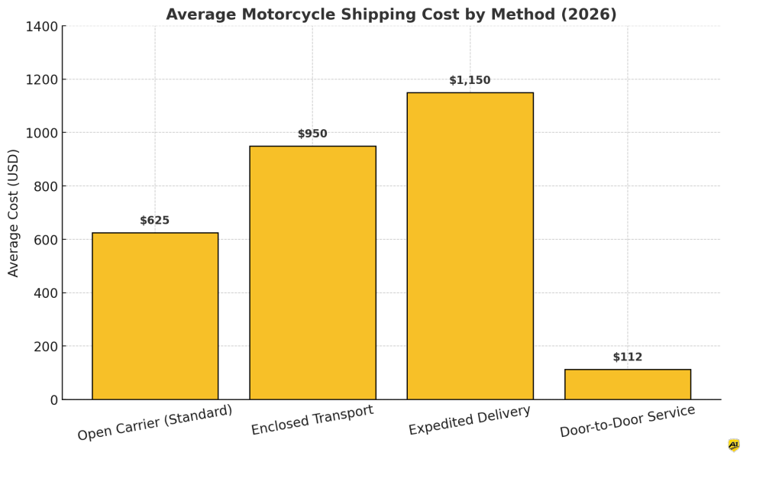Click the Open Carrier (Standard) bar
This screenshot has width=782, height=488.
pyautogui.click(x=155, y=316)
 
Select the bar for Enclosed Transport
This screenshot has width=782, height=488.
pyautogui.click(x=312, y=273)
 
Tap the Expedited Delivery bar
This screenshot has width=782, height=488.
pyautogui.click(x=470, y=246)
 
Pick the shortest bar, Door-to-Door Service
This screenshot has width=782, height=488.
pyautogui.click(x=628, y=384)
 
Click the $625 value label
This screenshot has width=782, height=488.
pyautogui.click(x=154, y=221)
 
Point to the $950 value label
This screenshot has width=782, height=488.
pyautogui.click(x=312, y=134)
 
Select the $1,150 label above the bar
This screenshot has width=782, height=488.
pyautogui.click(x=470, y=80)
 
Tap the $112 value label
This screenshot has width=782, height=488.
pyautogui.click(x=628, y=357)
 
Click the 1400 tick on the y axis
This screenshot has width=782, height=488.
pyautogui.click(x=42, y=27)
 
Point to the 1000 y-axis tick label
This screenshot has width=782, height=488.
pyautogui.click(x=42, y=133)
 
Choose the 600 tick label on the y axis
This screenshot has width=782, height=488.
pyautogui.click(x=45, y=240)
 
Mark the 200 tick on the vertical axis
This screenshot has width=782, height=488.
pyautogui.click(x=45, y=346)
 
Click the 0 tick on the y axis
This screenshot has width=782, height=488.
pyautogui.click(x=53, y=399)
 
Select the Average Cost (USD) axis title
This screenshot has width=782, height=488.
pyautogui.click(x=14, y=212)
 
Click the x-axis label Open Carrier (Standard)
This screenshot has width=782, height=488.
pyautogui.click(x=155, y=422)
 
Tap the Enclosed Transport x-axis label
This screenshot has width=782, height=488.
pyautogui.click(x=312, y=420)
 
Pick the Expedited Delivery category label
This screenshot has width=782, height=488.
pyautogui.click(x=470, y=420)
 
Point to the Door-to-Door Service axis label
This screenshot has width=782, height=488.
pyautogui.click(x=628, y=421)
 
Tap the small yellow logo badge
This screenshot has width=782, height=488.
pyautogui.click(x=734, y=444)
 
